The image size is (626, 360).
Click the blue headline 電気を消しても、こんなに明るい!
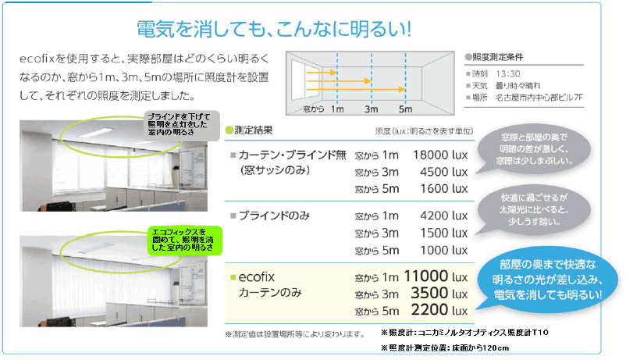(x=274, y=29)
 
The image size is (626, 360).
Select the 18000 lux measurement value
(x=440, y=155)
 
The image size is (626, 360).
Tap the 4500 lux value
(x=443, y=172)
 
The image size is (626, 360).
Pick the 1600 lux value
(x=443, y=189)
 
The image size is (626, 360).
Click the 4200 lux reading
(x=443, y=216)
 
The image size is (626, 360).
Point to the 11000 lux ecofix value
(x=436, y=276)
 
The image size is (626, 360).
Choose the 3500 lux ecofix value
(x=439, y=294)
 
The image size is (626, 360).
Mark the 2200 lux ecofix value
(x=439, y=310)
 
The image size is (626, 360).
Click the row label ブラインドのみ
(x=274, y=216)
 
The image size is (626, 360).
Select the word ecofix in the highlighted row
(x=256, y=277)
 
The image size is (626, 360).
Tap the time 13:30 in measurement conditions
(x=508, y=74)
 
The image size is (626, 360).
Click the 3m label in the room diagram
(x=371, y=109)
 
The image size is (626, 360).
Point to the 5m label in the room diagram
(x=405, y=109)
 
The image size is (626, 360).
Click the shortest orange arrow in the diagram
(x=322, y=73)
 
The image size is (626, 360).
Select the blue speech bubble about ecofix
(x=546, y=280)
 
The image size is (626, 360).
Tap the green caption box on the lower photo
(x=184, y=241)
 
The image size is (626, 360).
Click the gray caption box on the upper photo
(x=182, y=126)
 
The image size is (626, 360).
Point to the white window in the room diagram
(x=299, y=80)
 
